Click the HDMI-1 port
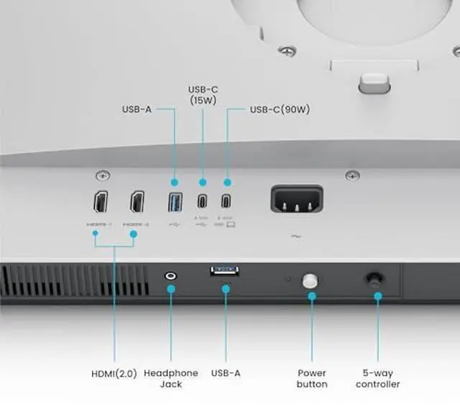pyautogui.click(x=101, y=203)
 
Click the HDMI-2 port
pyautogui.click(x=136, y=203)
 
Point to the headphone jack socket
pyautogui.click(x=171, y=275)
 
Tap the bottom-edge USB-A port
pyautogui.click(x=226, y=272)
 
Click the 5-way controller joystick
pyautogui.click(x=374, y=279)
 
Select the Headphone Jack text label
pyautogui.click(x=171, y=378)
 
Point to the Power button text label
pyautogui.click(x=312, y=378)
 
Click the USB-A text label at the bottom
pyautogui.click(x=226, y=373)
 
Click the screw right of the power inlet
pyautogui.click(x=351, y=175)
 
